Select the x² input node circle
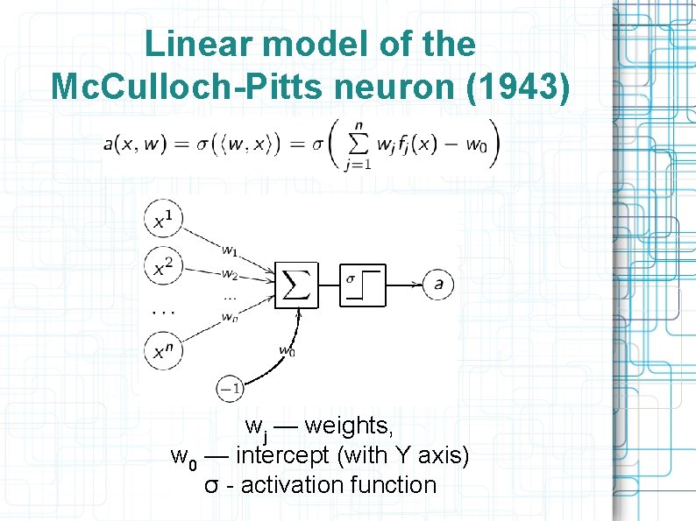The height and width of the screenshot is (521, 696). [x=163, y=266]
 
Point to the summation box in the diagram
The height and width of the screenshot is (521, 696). [x=297, y=284]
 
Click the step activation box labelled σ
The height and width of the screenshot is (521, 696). [x=363, y=284]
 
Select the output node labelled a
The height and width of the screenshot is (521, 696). [x=438, y=284]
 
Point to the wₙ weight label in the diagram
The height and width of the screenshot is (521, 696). [x=229, y=316]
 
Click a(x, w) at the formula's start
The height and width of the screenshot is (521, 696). [x=134, y=145]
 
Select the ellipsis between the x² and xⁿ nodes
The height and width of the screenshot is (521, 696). [x=163, y=310]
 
